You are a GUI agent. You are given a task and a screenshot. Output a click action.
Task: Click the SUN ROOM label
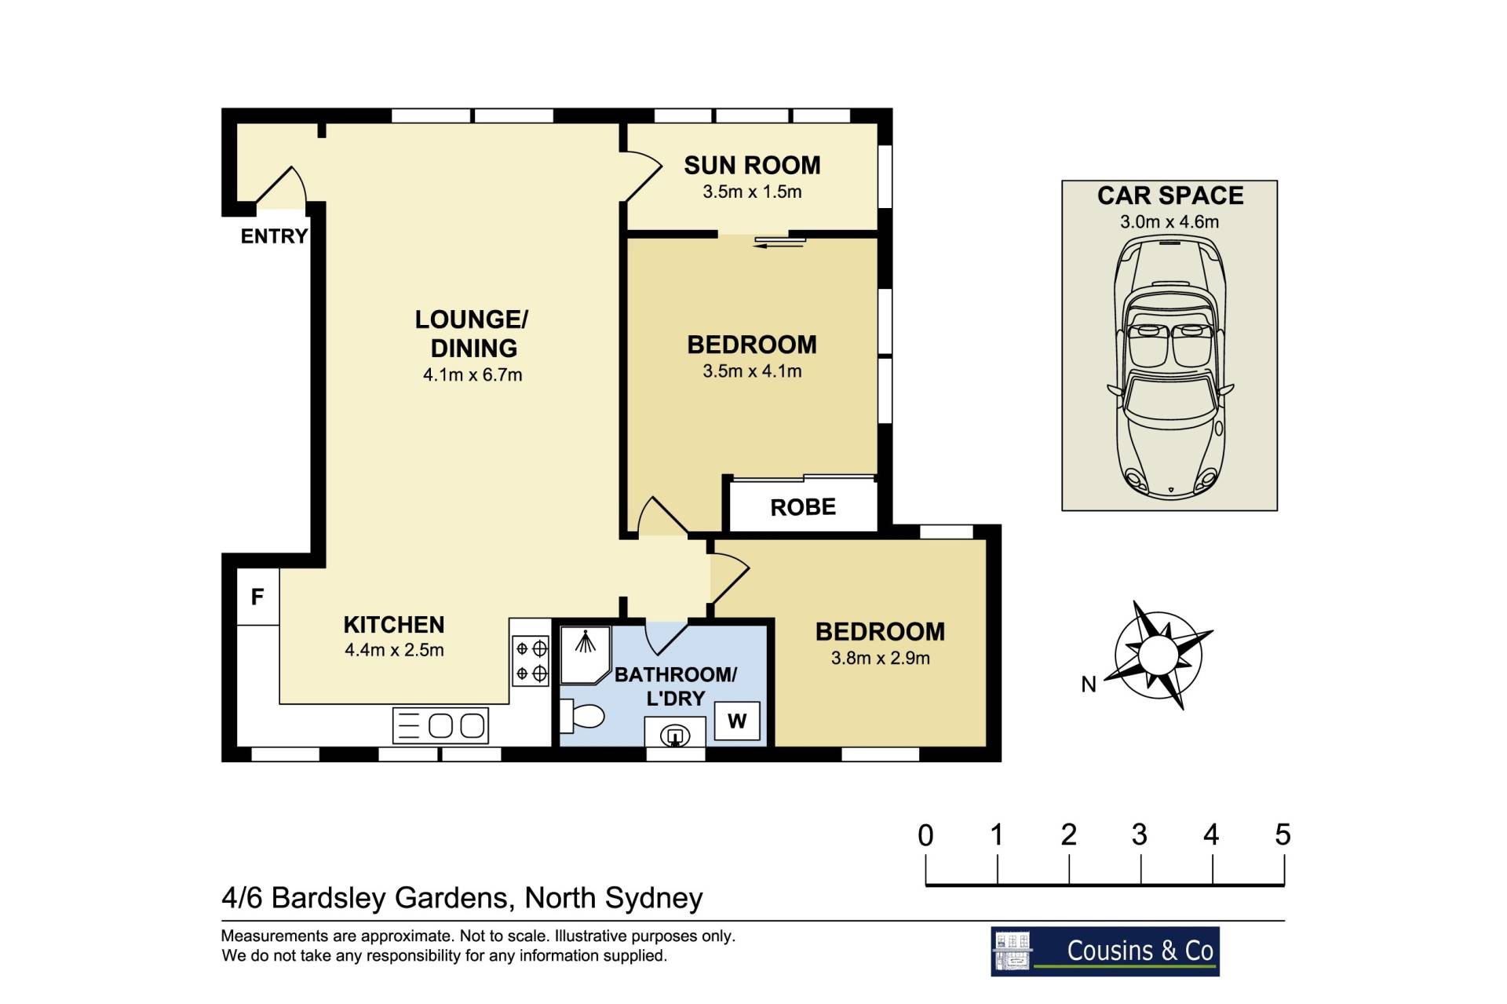[x=752, y=165]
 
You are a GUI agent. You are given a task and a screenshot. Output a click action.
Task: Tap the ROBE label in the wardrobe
[x=803, y=507]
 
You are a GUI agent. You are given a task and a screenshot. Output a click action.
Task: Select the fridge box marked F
[x=257, y=597]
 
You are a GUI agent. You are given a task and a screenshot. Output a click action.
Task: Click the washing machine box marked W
[x=737, y=721]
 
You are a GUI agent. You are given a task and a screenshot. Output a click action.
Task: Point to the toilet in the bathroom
[x=582, y=716]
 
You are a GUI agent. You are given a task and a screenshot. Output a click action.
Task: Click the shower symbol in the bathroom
[x=586, y=655]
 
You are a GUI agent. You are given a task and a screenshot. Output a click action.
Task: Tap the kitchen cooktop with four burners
[x=531, y=661]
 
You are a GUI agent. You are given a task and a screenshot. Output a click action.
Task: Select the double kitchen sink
[x=440, y=725]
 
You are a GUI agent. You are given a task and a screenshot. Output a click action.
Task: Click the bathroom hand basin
[x=675, y=735]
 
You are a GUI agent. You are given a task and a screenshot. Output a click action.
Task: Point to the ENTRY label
[x=274, y=236]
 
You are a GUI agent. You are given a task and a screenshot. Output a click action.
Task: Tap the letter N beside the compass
[x=1088, y=685]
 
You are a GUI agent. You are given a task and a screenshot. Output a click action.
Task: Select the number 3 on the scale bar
[x=1140, y=834]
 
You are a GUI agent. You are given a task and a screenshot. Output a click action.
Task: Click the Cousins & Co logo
[x=1105, y=951]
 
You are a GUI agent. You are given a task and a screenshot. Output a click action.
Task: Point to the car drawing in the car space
[x=1169, y=367]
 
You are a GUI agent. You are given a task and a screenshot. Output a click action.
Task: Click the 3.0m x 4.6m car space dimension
[x=1169, y=222]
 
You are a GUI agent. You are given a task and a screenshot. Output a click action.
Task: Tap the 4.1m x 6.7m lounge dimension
[x=473, y=375]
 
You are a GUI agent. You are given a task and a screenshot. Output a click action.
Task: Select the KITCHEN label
[x=394, y=625]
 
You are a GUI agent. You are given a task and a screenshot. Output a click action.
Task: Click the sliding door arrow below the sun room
[x=779, y=244]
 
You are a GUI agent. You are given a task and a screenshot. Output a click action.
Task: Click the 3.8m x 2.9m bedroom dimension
[x=880, y=659]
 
